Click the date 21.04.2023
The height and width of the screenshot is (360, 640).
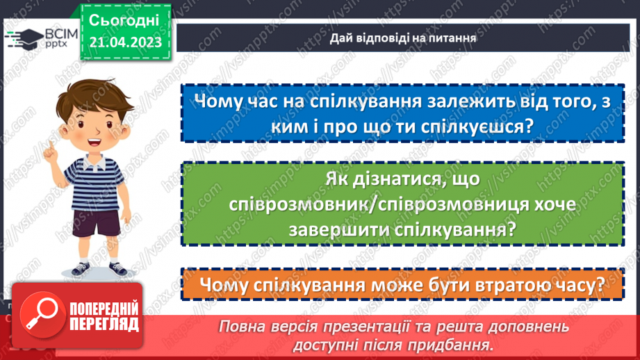[125, 42]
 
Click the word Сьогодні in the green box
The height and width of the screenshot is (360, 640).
[125, 19]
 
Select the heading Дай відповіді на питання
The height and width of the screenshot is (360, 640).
[403, 38]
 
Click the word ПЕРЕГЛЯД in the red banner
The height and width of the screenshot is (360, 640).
[103, 324]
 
